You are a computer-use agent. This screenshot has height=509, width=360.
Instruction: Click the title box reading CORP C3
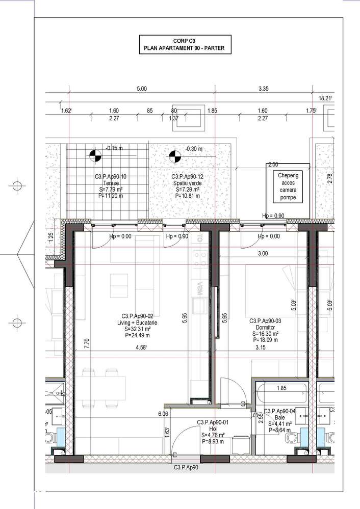tap(185, 45)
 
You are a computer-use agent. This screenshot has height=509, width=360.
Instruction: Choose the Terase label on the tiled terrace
tap(107, 186)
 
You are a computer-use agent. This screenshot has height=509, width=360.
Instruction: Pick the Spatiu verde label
tap(185, 186)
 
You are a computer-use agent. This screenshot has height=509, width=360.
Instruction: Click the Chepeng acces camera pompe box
tap(288, 186)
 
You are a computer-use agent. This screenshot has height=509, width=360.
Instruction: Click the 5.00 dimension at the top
tap(141, 89)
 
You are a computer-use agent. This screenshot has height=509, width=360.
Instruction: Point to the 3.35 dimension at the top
tap(264, 89)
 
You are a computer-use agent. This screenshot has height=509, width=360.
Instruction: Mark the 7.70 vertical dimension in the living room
tap(87, 344)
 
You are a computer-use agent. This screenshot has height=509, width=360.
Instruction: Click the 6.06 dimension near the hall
tap(163, 414)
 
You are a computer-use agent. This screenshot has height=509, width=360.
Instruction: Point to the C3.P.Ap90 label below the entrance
tap(186, 467)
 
